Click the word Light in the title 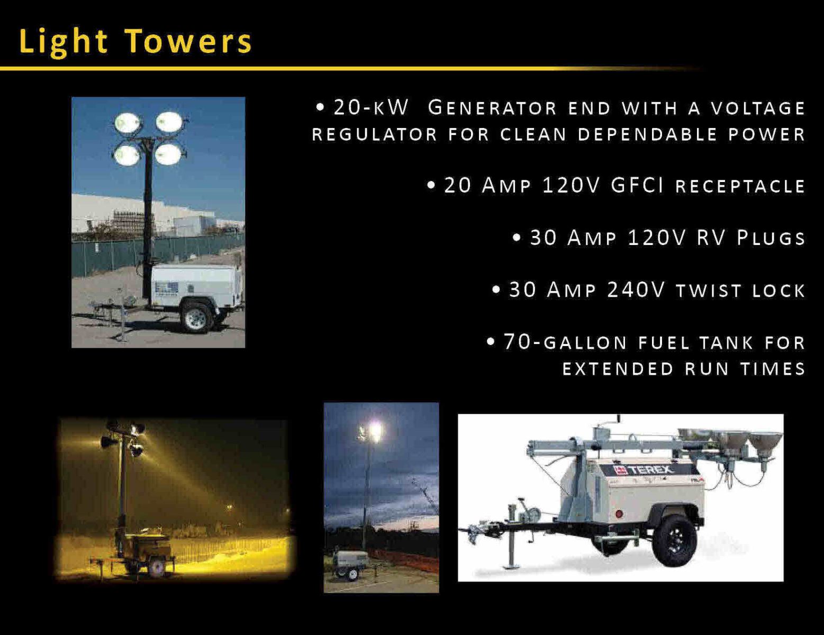coord(64,42)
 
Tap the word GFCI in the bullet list coord(637,185)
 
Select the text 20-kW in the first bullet coord(371,107)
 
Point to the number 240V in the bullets coord(636,289)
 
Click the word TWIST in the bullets coord(709,291)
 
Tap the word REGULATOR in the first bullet coord(374,134)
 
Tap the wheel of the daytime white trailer coord(196,317)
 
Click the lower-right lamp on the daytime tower coord(169,155)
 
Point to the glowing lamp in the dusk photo coord(374,431)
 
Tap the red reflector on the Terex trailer coord(619,514)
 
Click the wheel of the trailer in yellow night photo coord(156,569)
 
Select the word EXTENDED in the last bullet coord(618,369)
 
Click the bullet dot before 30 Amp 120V coord(517,238)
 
